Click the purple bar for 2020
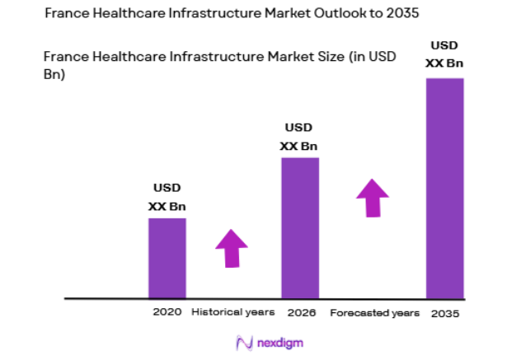click(167, 257)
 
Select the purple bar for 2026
click(300, 227)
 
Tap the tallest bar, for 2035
click(444, 187)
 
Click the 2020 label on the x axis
click(167, 313)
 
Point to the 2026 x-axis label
click(300, 313)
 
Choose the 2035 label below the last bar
click(444, 314)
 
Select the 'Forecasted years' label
click(375, 313)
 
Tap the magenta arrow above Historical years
click(232, 248)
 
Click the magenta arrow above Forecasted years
click(373, 198)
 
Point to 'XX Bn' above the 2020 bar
click(167, 206)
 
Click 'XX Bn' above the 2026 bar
click(298, 146)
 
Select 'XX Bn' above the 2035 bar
click(444, 63)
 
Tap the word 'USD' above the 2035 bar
click(444, 44)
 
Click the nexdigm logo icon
click(243, 342)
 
